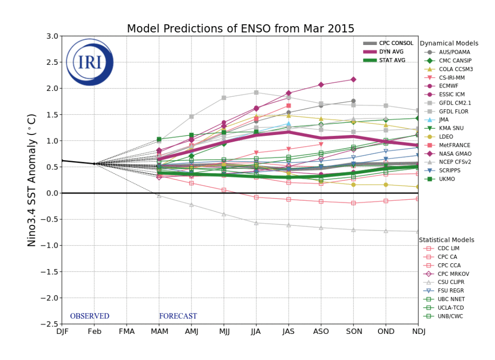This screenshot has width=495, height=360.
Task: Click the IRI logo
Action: click(89, 62)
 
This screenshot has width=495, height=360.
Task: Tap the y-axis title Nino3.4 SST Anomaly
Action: click(32, 180)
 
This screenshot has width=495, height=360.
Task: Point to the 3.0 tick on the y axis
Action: click(52, 36)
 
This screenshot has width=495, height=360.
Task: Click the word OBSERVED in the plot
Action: click(89, 316)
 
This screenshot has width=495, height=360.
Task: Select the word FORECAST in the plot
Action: click(178, 316)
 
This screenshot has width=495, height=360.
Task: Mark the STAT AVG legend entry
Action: click(392, 60)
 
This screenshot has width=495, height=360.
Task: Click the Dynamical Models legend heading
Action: click(449, 44)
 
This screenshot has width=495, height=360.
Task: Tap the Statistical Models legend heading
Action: click(447, 240)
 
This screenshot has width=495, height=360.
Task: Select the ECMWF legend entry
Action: click(449, 86)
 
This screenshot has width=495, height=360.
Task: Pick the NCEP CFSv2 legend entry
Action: click(454, 162)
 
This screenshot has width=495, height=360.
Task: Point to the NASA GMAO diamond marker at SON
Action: click(353, 79)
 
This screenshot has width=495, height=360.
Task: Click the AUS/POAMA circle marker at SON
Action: click(353, 101)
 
